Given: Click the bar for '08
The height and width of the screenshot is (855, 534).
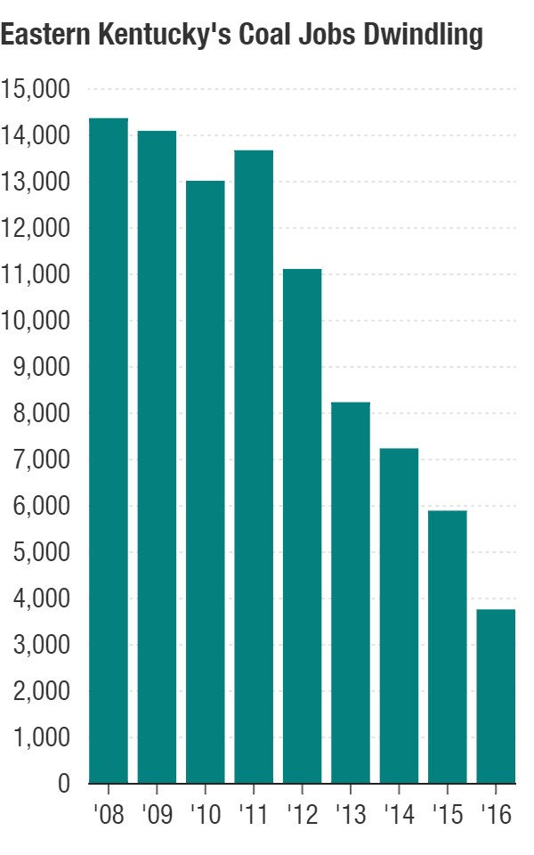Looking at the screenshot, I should [109, 451].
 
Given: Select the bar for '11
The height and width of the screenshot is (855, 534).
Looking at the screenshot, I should [254, 467].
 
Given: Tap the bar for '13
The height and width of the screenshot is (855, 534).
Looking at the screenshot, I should [351, 592].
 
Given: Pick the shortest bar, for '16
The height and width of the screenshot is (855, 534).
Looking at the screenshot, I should [496, 696].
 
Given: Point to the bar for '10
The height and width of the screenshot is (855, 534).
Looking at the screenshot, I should [206, 482].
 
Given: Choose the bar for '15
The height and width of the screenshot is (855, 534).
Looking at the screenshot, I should [448, 647].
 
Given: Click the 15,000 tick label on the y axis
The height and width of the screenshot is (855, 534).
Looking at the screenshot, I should [36, 90].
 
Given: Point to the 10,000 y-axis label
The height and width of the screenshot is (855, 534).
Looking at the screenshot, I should [36, 322].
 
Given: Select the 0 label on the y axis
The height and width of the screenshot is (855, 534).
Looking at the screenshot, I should [64, 785].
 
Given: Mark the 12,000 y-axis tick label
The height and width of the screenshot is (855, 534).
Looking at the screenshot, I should [36, 229].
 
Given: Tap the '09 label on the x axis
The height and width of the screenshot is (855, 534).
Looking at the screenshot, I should [157, 815].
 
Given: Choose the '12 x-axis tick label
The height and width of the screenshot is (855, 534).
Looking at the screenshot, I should [302, 815].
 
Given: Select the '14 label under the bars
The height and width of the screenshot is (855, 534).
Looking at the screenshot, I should [399, 815].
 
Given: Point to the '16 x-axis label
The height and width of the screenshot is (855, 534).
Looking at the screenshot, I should [496, 815].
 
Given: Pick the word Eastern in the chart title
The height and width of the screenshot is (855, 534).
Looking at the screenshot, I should [41, 36].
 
